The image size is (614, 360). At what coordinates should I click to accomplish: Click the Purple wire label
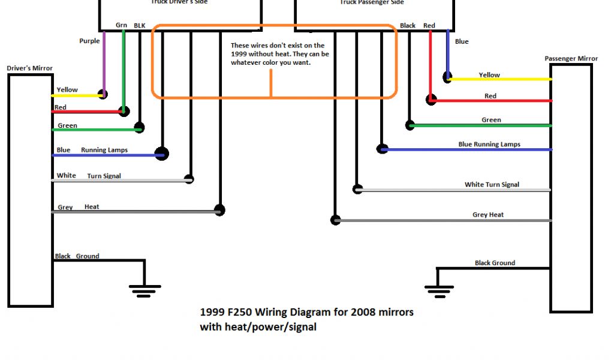click(89, 41)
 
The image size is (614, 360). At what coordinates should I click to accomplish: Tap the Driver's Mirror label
click(30, 68)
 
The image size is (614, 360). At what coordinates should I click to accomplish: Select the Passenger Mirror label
click(571, 59)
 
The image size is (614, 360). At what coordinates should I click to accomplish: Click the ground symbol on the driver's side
click(145, 290)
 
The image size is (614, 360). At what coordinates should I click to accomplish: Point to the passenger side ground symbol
click(438, 290)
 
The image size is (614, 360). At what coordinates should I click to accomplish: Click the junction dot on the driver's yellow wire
click(103, 94)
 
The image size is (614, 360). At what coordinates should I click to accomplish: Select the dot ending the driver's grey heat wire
click(219, 210)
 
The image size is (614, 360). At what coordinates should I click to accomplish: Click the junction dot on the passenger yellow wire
click(447, 77)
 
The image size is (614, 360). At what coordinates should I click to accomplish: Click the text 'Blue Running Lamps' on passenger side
click(489, 145)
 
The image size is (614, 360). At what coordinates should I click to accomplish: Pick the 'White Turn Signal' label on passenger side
click(492, 185)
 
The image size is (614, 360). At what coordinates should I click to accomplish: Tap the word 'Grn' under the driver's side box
click(121, 25)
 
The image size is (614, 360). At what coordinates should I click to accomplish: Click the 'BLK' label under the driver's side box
click(139, 25)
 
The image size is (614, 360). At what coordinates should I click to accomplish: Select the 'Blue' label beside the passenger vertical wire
click(462, 41)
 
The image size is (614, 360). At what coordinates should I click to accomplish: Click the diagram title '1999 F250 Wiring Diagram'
click(306, 312)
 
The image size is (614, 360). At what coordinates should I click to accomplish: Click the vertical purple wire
click(104, 60)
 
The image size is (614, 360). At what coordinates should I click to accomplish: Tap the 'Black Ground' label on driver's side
click(77, 256)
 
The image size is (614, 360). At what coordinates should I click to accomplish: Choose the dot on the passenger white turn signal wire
click(358, 189)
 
